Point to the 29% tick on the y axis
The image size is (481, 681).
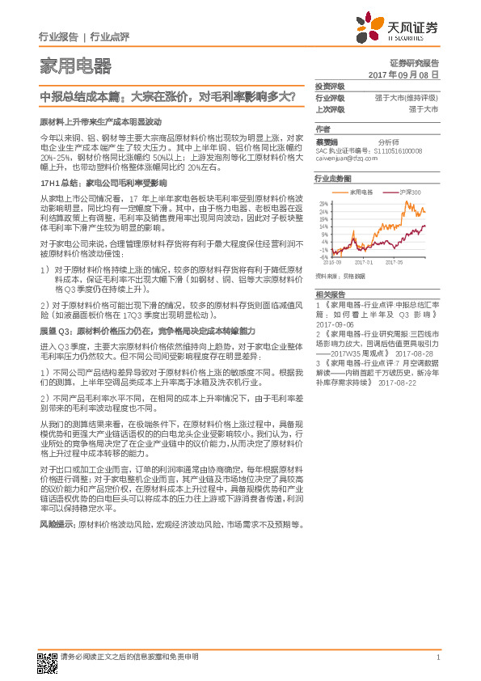324,203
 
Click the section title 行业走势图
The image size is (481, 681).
333,177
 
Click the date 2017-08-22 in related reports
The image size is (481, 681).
399,384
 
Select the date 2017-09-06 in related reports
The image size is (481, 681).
336,323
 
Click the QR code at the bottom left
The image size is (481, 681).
45,661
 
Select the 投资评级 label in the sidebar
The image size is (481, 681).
330,86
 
